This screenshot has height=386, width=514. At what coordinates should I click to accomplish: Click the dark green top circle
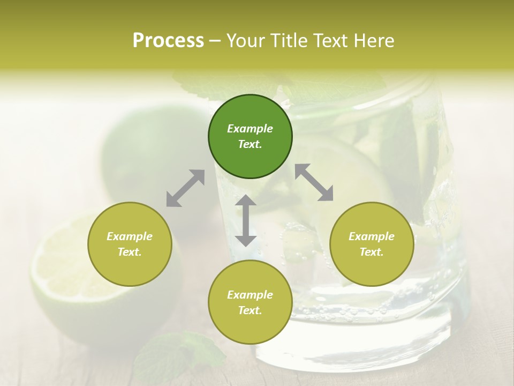(x=250, y=137)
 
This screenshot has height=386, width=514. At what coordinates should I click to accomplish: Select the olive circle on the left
(x=130, y=244)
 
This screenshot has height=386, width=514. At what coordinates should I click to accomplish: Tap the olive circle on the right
(x=372, y=244)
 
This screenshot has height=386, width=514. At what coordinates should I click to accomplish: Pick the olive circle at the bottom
(x=250, y=302)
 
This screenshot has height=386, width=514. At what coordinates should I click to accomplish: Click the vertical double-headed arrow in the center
(x=246, y=220)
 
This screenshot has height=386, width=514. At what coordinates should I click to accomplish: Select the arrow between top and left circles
(x=185, y=188)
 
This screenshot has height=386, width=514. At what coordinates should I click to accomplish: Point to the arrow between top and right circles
(x=314, y=183)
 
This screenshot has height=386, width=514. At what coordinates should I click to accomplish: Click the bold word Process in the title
(x=168, y=41)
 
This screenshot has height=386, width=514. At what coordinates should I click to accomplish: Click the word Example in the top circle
(x=250, y=129)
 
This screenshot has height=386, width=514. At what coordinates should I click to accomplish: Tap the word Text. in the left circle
(x=130, y=252)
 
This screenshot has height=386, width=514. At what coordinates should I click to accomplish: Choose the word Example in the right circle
(x=372, y=236)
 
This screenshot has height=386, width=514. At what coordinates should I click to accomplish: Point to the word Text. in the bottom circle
(x=250, y=310)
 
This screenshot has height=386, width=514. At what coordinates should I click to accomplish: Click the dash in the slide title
(x=215, y=41)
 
